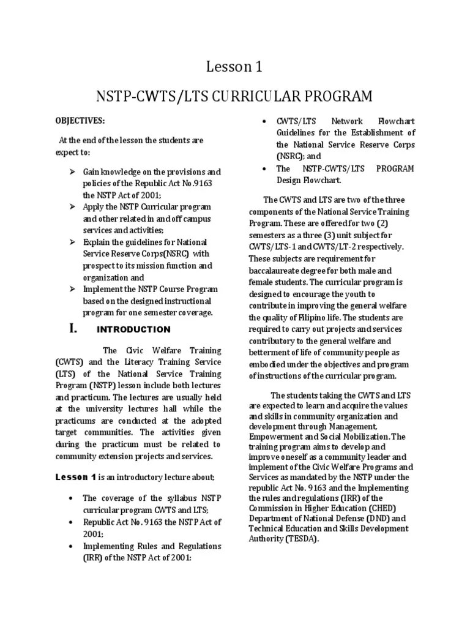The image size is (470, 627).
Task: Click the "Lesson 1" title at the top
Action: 234,67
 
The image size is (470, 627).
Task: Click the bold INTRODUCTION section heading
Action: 134,329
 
